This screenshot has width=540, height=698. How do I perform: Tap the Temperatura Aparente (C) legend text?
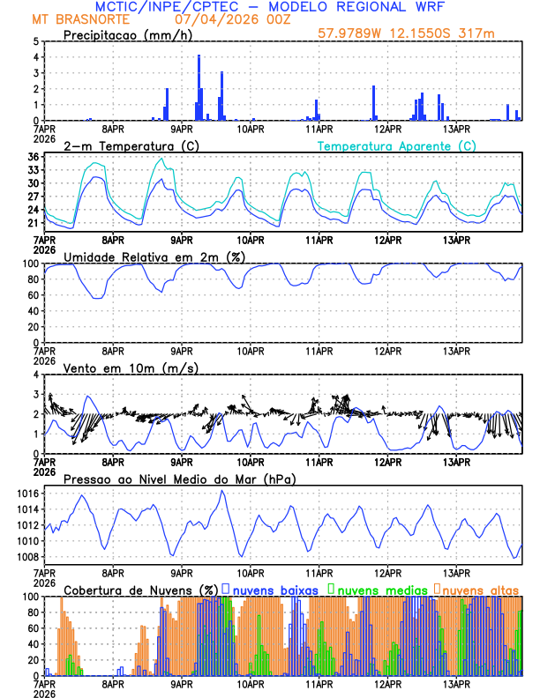397,145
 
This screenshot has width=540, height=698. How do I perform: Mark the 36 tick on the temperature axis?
33,158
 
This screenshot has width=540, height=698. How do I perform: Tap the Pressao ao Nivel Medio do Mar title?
179,479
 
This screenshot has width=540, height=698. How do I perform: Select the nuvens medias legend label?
379,589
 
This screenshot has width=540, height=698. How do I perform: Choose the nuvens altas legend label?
480,589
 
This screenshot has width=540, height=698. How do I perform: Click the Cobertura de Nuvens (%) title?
139,589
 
